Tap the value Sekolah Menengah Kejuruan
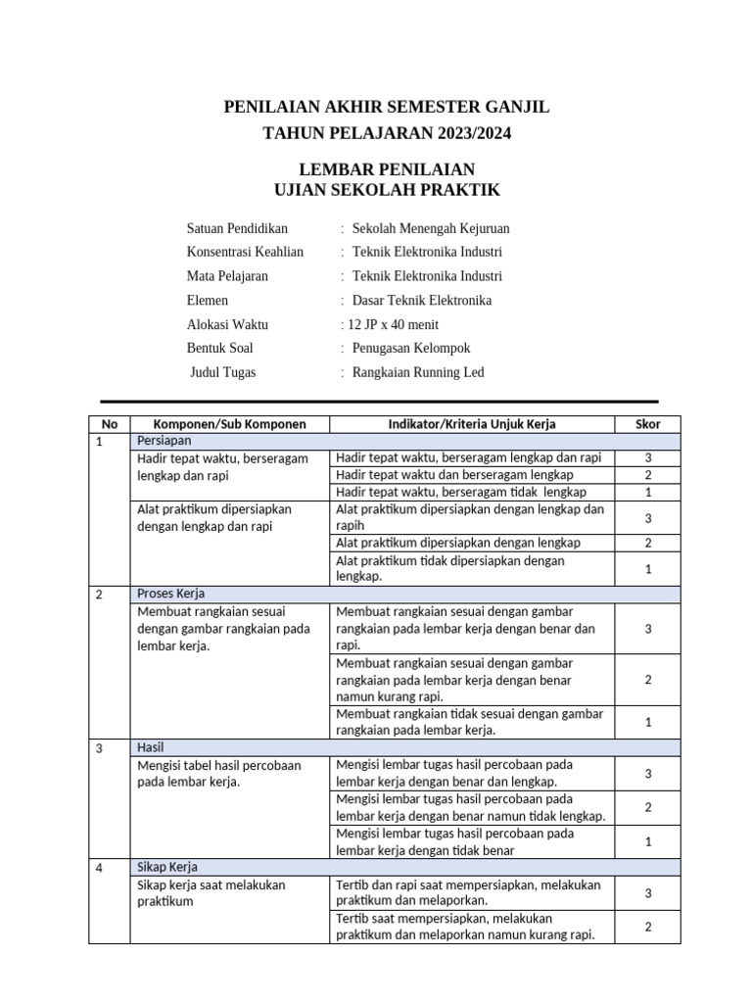coord(431,228)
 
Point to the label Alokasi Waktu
coord(227,324)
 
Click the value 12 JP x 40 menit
coord(390,324)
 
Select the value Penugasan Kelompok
coord(411,348)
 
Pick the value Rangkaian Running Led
coord(418,372)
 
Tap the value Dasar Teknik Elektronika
coord(422,301)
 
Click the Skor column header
coord(648,424)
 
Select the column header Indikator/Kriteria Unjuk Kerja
coord(472,424)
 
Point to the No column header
coord(109,424)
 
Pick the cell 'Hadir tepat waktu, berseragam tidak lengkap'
coord(461,492)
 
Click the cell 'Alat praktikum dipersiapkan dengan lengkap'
coord(458,543)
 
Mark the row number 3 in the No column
coord(99,747)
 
